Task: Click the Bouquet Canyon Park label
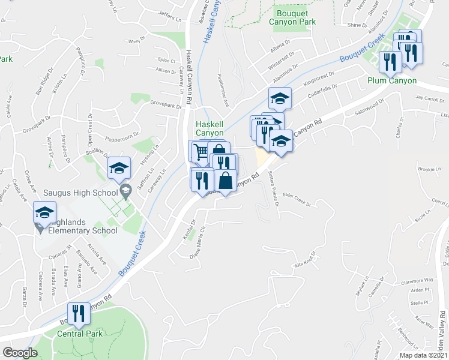[x=295, y=17]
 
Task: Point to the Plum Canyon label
[x=392, y=80]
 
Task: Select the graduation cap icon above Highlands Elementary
[x=44, y=212]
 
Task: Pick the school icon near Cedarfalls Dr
[x=280, y=98]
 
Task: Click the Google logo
[x=20, y=353]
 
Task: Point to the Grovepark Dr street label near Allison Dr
[x=166, y=106]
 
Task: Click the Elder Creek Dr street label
[x=296, y=203]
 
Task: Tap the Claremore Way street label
[x=417, y=280]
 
